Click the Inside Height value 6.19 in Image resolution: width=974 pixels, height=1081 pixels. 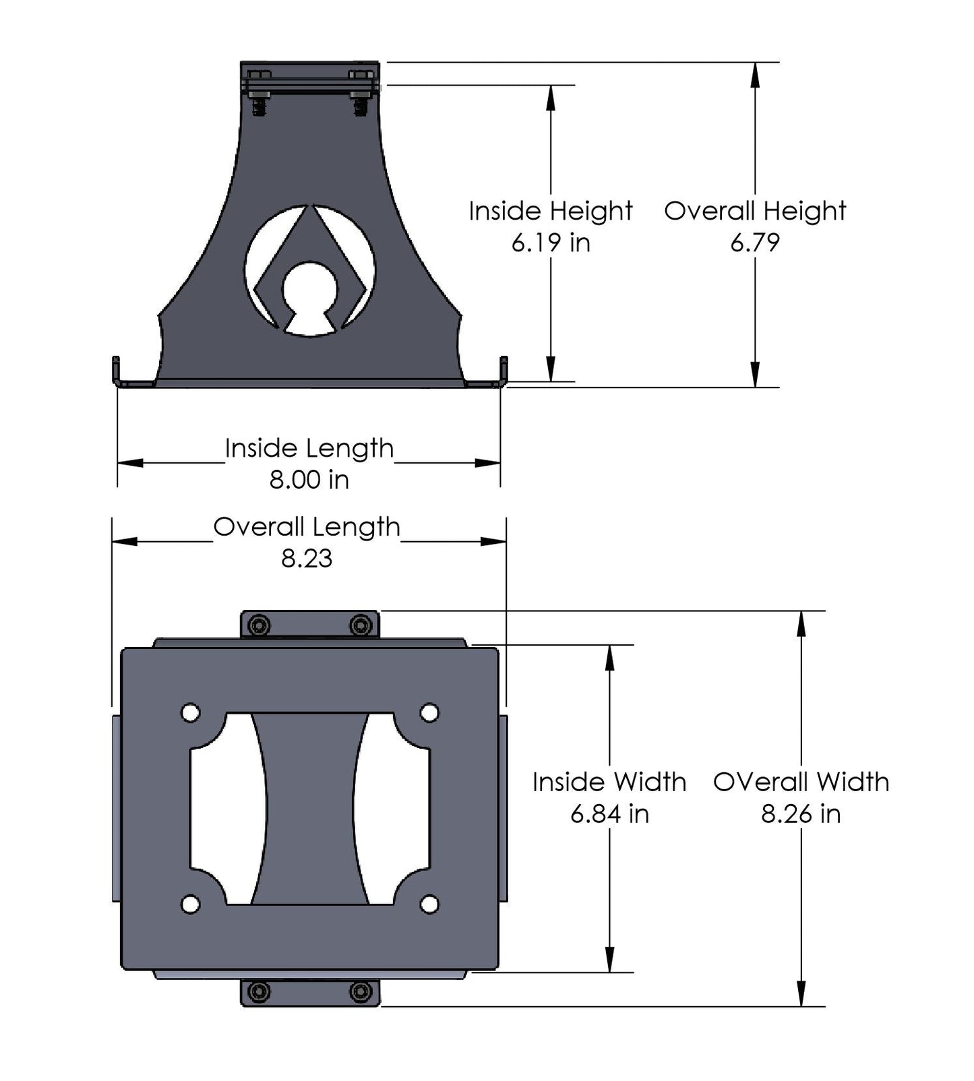click(x=550, y=243)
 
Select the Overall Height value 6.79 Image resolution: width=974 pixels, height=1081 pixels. click(x=754, y=243)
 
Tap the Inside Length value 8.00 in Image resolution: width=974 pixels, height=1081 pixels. click(x=309, y=480)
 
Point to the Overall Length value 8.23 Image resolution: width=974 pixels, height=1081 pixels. click(x=307, y=559)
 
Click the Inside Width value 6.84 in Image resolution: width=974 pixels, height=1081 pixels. click(x=609, y=814)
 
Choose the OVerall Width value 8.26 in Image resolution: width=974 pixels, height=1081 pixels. click(x=801, y=814)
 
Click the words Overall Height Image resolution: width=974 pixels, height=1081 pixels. click(x=754, y=211)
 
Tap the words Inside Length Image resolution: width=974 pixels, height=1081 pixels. click(x=309, y=449)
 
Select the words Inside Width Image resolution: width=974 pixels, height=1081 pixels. click(x=609, y=782)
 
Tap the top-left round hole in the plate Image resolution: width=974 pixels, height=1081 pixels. click(x=191, y=712)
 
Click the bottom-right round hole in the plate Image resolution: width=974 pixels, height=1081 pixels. click(x=429, y=904)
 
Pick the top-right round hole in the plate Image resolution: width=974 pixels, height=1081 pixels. click(x=429, y=712)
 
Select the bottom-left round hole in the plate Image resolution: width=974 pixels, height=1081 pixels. click(x=191, y=904)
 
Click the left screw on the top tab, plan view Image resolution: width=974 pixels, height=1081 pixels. click(x=259, y=625)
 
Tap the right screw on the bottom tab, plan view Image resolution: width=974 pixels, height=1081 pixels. click(x=361, y=992)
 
